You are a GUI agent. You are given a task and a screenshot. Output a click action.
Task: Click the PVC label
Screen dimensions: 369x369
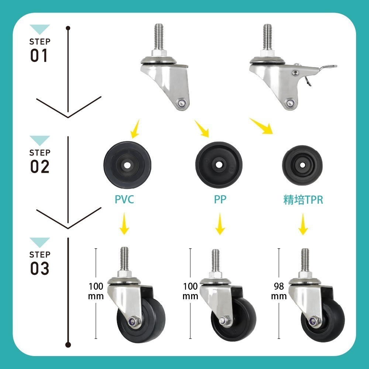point(124,199)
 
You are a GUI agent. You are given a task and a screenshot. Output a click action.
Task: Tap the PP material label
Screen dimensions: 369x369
point(220,199)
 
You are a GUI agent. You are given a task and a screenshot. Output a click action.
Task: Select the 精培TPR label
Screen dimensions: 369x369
point(303,200)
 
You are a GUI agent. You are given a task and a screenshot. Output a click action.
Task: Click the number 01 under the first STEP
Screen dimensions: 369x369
point(39,55)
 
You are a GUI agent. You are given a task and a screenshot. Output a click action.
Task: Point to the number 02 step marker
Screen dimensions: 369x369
point(39,166)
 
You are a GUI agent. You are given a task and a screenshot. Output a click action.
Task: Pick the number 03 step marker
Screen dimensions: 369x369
point(39,268)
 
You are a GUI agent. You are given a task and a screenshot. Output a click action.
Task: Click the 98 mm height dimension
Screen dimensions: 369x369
point(279,291)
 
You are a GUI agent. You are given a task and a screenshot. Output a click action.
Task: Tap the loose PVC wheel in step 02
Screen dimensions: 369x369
point(127,165)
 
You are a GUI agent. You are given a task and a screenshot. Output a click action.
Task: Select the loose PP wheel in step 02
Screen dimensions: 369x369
point(219,165)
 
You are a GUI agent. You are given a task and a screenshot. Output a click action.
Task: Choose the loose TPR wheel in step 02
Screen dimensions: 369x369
point(303,165)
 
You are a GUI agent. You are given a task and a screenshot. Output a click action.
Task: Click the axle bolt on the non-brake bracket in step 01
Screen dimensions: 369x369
point(182,103)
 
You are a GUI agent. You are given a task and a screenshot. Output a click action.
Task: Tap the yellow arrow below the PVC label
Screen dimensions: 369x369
point(124,224)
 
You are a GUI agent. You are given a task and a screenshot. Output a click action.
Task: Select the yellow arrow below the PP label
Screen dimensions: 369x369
point(220,224)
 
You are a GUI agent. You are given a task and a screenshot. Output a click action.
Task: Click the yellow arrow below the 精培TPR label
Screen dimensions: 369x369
point(303,224)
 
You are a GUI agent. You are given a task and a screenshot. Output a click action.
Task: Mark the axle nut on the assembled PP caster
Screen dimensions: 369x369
point(224,321)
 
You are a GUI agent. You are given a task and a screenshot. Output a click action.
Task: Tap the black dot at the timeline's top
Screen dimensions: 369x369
point(68,28)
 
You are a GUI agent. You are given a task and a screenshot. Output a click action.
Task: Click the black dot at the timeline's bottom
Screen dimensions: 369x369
point(68,345)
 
